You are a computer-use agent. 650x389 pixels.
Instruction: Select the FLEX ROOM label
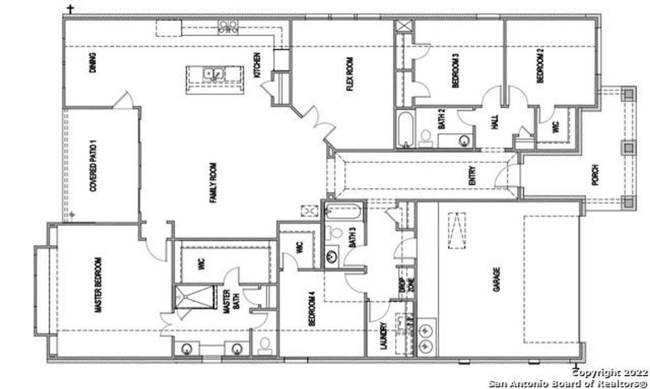349,75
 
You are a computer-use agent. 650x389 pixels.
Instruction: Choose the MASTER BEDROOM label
99,285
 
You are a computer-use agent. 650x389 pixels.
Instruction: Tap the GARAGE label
497,277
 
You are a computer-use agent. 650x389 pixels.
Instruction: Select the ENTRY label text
472,176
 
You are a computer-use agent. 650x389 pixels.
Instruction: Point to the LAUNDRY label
384,336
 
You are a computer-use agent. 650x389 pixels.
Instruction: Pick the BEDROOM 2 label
539,65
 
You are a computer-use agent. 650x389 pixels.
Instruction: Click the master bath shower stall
192,299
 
